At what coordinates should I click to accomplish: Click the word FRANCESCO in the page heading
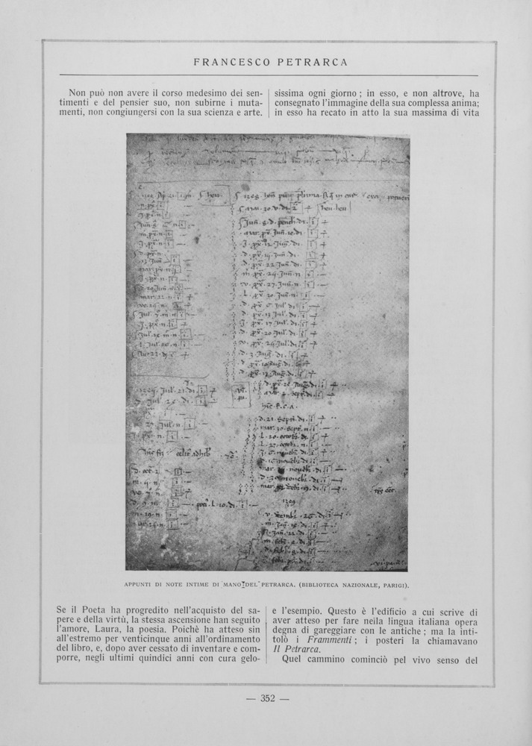230,62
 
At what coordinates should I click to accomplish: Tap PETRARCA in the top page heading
314,62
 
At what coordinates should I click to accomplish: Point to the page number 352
267,698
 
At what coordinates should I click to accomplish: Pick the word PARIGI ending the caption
392,584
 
